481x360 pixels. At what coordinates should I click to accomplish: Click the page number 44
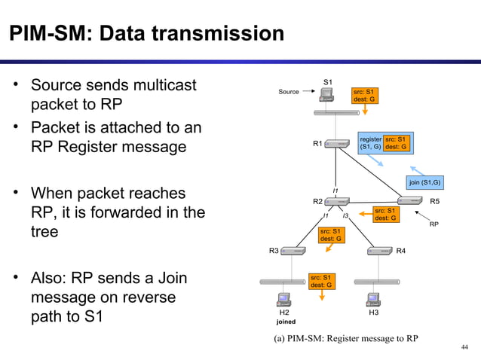pos(464,346)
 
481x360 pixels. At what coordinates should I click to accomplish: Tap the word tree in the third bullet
pos(44,233)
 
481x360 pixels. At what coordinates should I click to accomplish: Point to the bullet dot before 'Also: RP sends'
pos(14,279)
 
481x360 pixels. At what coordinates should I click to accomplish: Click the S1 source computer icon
pos(327,95)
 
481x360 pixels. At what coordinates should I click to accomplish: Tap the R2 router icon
pos(338,202)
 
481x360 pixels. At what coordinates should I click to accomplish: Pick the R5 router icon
pos(410,201)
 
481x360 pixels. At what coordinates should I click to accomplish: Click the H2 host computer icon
pos(284,299)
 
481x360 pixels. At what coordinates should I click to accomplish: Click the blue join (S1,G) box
pos(424,183)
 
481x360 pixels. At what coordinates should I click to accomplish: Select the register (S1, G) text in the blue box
pos(370,143)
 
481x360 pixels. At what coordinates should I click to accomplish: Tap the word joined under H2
pos(286,322)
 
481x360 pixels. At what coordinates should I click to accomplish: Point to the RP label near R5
pos(434,224)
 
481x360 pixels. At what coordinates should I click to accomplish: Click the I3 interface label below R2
pos(345,216)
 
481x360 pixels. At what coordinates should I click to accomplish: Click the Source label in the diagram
pos(289,92)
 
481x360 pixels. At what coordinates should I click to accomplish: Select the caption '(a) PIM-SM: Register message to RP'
pos(345,338)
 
